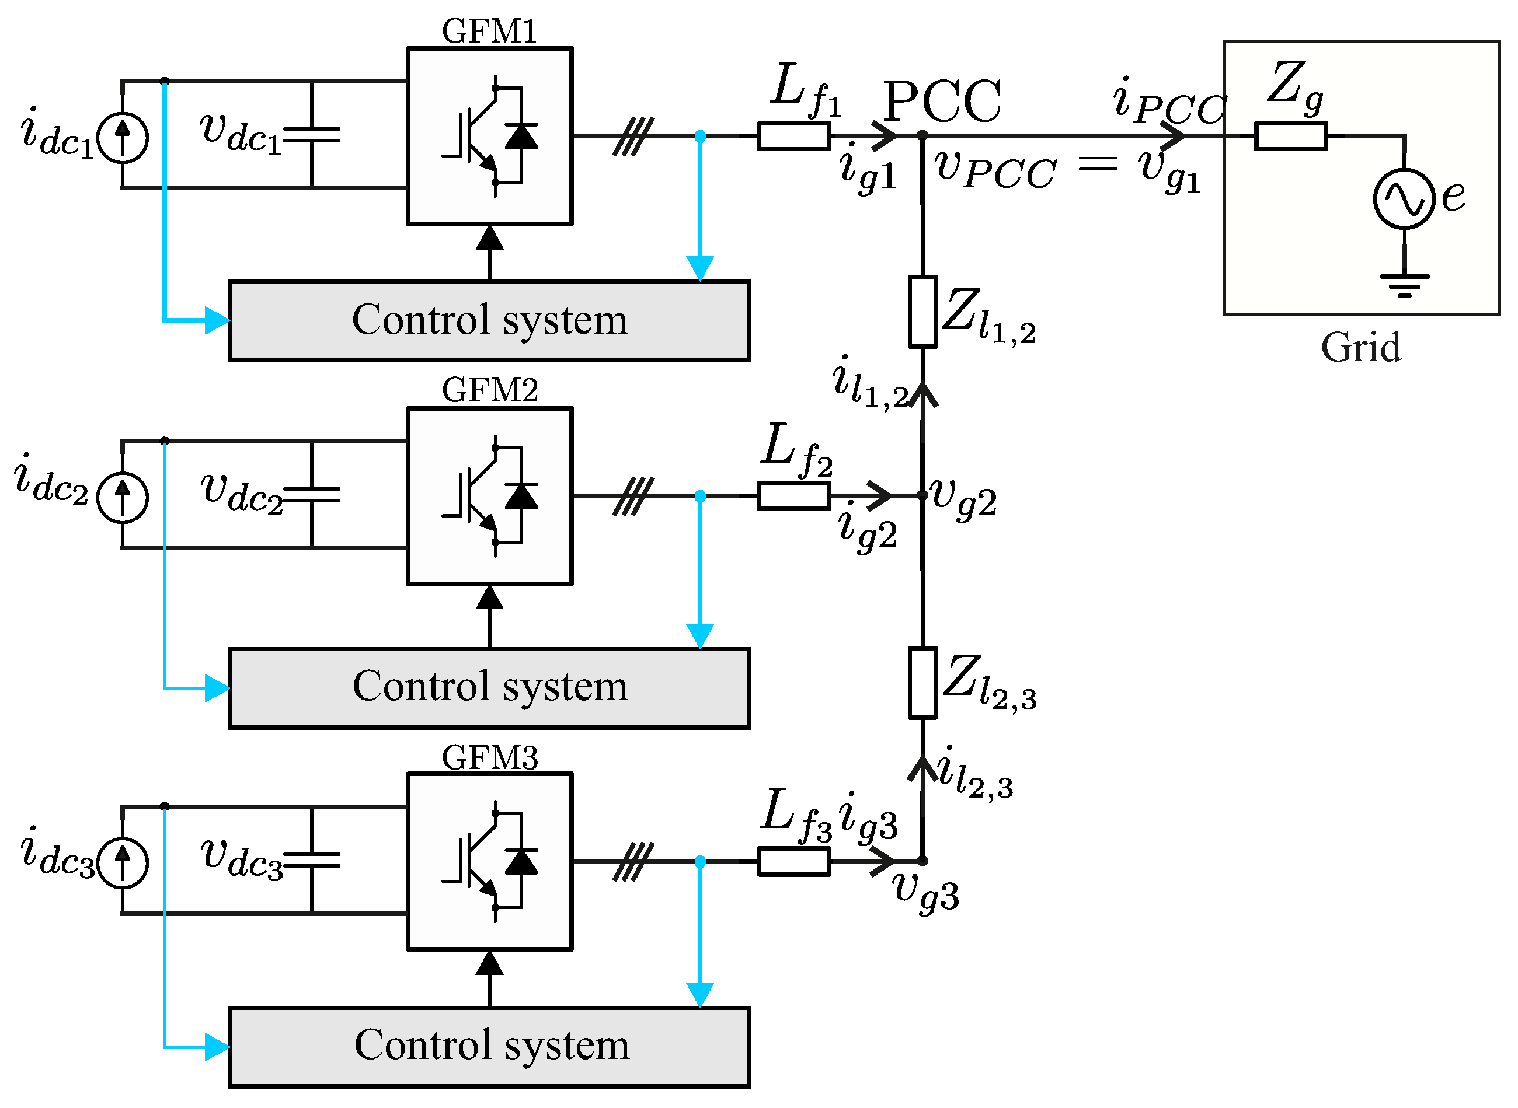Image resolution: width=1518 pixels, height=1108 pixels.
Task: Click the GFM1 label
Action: pyautogui.click(x=489, y=31)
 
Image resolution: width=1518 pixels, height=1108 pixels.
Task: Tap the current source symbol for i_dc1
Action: pyautogui.click(x=122, y=138)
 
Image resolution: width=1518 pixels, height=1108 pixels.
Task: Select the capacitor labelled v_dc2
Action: pyautogui.click(x=312, y=494)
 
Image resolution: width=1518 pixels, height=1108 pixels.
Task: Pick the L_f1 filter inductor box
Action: pyautogui.click(x=794, y=136)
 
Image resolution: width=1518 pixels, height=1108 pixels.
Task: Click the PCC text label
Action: pyautogui.click(x=942, y=102)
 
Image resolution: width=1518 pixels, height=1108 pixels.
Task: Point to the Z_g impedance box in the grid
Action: pyautogui.click(x=1290, y=136)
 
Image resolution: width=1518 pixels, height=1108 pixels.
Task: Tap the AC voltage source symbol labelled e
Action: pyautogui.click(x=1404, y=198)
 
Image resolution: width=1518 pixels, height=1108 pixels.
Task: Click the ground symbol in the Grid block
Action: pyautogui.click(x=1404, y=285)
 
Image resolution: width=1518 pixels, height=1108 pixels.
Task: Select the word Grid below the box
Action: pyautogui.click(x=1361, y=347)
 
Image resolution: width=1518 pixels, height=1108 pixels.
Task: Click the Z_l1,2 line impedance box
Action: pyautogui.click(x=922, y=312)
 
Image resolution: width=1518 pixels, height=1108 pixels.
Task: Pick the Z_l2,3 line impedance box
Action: pyautogui.click(x=922, y=683)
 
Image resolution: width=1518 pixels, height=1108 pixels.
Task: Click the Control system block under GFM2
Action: pyautogui.click(x=489, y=688)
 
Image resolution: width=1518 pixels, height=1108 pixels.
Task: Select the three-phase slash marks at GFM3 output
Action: pyautogui.click(x=633, y=861)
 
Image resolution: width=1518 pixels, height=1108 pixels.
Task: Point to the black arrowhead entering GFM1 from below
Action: pyautogui.click(x=489, y=239)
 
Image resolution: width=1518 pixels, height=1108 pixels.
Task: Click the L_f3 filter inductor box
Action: pyautogui.click(x=794, y=861)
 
